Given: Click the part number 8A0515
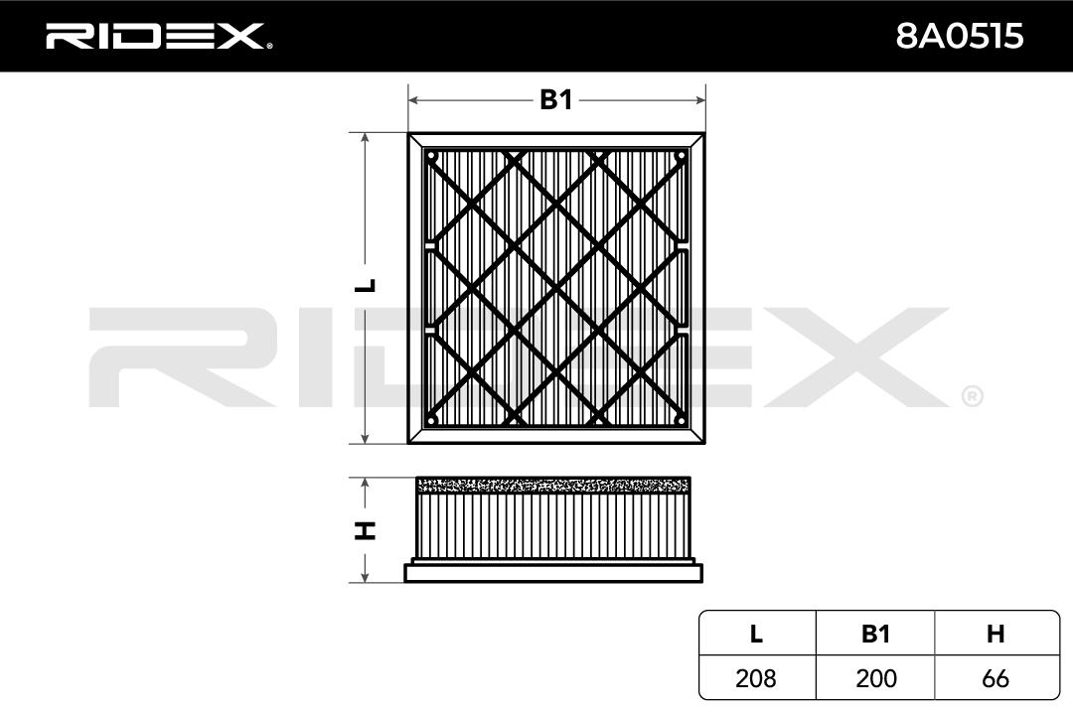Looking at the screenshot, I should coord(959,37).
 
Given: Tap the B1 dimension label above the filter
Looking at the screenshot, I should coord(555,100).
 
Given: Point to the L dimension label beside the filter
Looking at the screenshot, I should coord(367,286).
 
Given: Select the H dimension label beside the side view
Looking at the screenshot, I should coord(367,529).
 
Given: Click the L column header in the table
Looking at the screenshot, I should coord(756,635).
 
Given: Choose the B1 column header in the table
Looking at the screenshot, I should coord(874,635).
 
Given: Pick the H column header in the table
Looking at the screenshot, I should coord(995,635).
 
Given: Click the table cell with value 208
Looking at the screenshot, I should coord(756,678).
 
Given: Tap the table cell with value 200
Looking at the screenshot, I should coord(874,678).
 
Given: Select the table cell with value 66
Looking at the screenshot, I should coord(995,678).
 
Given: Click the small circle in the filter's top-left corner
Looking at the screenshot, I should coord(431,156).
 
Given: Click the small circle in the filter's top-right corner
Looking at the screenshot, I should coord(681,156).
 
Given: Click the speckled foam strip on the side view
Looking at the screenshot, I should coord(552,485).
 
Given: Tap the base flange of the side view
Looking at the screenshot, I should coord(552,572).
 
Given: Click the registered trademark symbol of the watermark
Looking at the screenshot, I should coord(972,396).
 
